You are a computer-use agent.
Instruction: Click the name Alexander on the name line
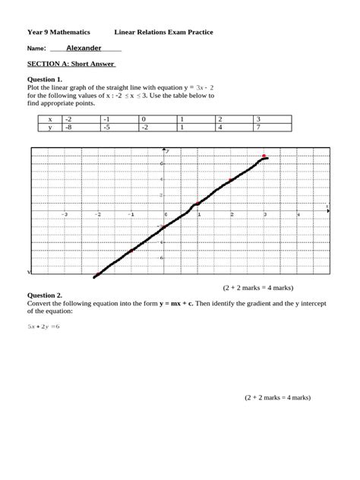[84, 48]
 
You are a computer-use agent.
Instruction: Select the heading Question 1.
[44, 79]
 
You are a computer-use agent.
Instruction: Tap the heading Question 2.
[44, 296]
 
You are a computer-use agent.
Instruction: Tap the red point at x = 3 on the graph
[264, 156]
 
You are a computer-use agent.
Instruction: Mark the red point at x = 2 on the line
[231, 180]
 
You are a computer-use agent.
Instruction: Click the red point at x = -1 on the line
[131, 251]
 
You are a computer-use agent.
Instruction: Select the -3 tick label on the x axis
[65, 215]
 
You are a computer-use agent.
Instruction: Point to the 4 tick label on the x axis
[298, 215]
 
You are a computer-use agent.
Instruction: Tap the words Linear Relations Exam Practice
[163, 33]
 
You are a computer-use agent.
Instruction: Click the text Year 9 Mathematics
[58, 33]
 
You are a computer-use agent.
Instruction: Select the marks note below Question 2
[277, 397]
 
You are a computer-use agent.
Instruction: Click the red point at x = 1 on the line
[197, 204]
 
